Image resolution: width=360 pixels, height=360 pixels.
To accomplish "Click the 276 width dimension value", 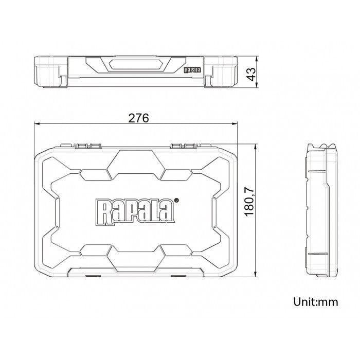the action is click(138, 118).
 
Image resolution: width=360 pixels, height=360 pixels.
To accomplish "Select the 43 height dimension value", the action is click(251, 74).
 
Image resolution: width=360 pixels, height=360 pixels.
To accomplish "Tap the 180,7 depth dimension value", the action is click(249, 202).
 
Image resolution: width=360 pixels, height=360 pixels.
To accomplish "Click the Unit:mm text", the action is click(316, 302).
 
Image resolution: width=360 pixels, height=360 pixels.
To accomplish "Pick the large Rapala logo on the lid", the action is click(135, 212).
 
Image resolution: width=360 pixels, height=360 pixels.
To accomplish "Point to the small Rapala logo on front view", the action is click(192, 70).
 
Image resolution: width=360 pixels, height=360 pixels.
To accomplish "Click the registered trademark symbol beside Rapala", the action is click(176, 200).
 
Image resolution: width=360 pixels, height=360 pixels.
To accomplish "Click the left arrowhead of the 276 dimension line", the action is click(37, 124).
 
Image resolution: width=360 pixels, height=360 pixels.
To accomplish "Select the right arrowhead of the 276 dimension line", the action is click(234, 124).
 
